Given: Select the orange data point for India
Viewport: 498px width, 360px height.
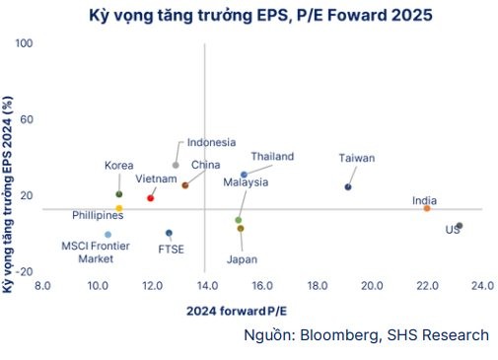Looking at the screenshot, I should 427,208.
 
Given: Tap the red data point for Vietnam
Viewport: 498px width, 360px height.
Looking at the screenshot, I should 150,198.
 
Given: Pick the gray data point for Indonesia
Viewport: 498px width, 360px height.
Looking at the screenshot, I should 176,165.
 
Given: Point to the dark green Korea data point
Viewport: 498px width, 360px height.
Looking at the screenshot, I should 119,194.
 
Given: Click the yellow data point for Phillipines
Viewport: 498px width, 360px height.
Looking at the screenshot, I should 119,209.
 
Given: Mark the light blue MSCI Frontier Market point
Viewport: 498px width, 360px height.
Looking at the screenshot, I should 107,235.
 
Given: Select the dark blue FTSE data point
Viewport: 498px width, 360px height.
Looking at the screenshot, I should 169,233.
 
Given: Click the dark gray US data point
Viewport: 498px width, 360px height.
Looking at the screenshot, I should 460,226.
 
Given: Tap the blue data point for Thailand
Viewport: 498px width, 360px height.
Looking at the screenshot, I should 244,175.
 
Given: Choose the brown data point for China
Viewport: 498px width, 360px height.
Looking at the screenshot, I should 185,184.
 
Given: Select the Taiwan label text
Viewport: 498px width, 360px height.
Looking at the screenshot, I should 357,158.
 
